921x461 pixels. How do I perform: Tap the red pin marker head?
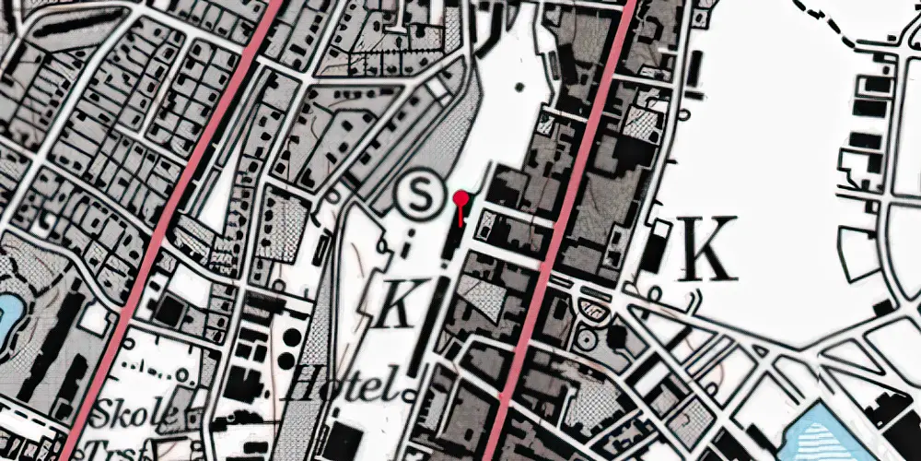click(462, 197)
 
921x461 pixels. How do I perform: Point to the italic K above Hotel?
click(397, 303)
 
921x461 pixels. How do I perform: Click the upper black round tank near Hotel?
click(292, 335)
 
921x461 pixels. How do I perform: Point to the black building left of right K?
click(652, 244)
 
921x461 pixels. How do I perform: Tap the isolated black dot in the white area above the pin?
click(518, 88)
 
